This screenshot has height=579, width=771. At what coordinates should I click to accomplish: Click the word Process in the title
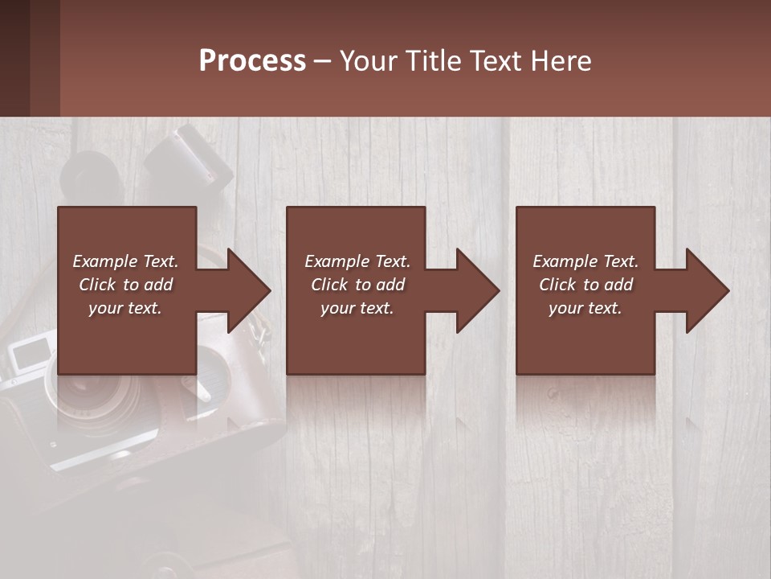click(252, 61)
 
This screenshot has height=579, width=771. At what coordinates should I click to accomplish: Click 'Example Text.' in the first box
click(125, 261)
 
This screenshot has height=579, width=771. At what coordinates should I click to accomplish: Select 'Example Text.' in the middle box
click(357, 261)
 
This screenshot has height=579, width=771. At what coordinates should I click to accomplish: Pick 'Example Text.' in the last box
click(585, 261)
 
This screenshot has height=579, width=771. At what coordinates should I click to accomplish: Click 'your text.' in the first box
click(125, 308)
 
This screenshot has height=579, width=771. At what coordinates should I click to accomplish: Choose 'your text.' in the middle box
click(357, 308)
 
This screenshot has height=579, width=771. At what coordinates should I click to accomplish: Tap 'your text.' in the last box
click(585, 308)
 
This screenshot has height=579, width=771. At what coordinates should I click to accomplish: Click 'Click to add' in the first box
click(125, 285)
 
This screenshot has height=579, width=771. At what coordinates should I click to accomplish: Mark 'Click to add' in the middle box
click(357, 285)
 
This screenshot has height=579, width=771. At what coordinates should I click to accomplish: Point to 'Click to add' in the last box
click(585, 285)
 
